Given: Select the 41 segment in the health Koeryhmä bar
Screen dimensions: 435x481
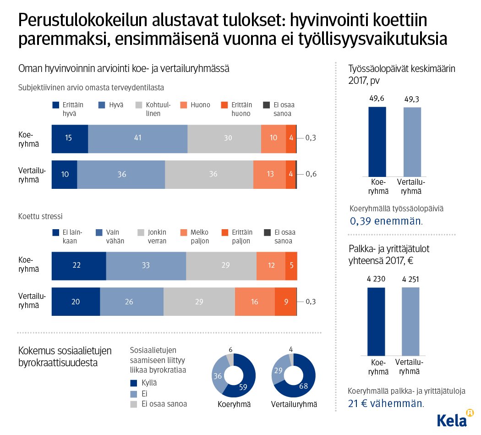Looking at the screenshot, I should pyautogui.click(x=137, y=138).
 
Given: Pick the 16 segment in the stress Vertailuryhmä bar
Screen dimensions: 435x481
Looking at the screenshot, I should pyautogui.click(x=255, y=302).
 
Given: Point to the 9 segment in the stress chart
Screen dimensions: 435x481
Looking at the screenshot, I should pyautogui.click(x=285, y=302).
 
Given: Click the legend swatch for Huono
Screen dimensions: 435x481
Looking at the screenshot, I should pyautogui.click(x=185, y=105).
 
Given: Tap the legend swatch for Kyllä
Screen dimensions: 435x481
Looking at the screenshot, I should pyautogui.click(x=134, y=383).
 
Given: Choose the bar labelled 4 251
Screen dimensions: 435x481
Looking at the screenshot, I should pyautogui.click(x=410, y=321).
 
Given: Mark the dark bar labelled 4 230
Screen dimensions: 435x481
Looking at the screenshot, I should pyautogui.click(x=376, y=321).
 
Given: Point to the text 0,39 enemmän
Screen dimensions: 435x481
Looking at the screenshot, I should pyautogui.click(x=386, y=221).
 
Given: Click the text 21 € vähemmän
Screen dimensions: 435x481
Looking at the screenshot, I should pyautogui.click(x=386, y=403).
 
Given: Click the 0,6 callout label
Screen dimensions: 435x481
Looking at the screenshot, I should pyautogui.click(x=311, y=174).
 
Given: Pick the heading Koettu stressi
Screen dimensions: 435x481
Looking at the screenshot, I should pyautogui.click(x=40, y=216).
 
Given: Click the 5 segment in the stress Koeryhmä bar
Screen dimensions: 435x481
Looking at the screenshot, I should pyautogui.click(x=291, y=266).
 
